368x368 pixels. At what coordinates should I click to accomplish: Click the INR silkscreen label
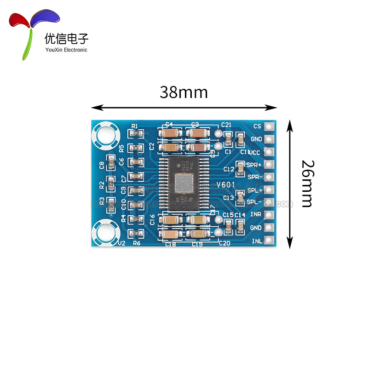coord(256,215)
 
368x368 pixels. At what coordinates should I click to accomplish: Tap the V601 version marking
coord(226,185)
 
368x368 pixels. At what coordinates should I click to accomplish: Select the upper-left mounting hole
coord(106,134)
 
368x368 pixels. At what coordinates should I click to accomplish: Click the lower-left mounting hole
coord(106,232)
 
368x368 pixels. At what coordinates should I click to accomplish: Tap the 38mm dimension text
coord(184,92)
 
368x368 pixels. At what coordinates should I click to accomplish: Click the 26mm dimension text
coord(306,184)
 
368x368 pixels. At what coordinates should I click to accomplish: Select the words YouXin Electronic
coord(66,50)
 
